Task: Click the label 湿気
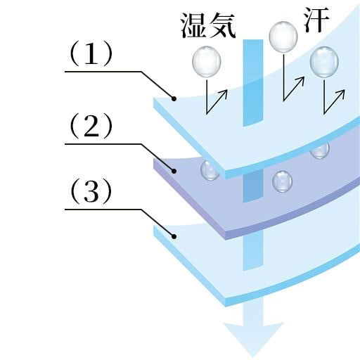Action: (207, 25)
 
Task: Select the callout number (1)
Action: (91, 53)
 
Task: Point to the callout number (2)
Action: (91, 126)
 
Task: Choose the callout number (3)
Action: (91, 192)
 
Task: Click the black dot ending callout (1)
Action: (174, 98)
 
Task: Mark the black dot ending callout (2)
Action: (174, 171)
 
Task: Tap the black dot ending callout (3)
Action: (174, 236)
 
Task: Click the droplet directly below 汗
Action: (283, 37)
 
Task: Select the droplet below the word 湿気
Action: (207, 61)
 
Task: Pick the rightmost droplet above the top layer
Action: (324, 62)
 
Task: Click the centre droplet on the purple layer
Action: (283, 181)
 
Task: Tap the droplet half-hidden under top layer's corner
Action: (210, 170)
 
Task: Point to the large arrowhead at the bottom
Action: (253, 340)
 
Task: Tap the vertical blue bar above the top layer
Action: (253, 82)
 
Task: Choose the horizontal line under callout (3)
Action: (103, 210)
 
